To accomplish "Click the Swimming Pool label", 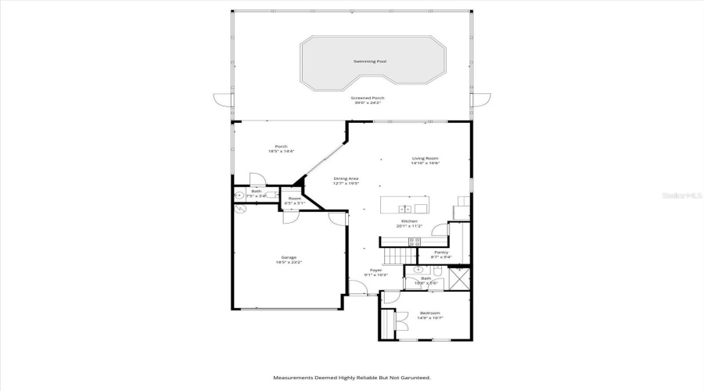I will tap(370, 61).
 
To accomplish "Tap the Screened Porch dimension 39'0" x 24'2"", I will tap(367, 102).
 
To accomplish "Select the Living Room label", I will tap(426, 159).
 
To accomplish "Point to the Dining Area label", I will tap(346, 178).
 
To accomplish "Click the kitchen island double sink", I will tap(404, 208).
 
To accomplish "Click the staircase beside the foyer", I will tap(397, 256).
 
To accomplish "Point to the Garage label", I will tap(289, 257).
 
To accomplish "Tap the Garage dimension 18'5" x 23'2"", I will tap(289, 263).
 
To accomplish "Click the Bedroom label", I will tap(430, 312).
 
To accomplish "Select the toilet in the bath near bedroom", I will tap(438, 271).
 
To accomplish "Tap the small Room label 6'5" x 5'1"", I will tap(294, 199).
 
